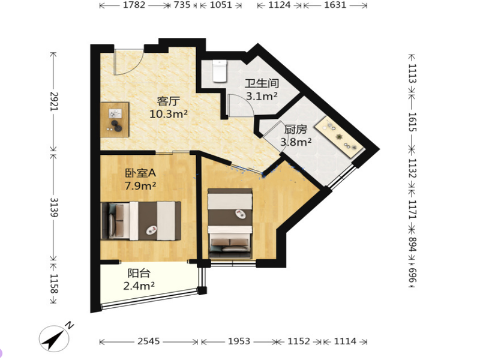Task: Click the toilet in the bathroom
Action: (x=220, y=71)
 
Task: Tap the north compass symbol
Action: (x=55, y=338)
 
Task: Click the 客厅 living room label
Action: (x=169, y=101)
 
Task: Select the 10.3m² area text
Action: (x=169, y=114)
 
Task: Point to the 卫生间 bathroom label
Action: (x=262, y=83)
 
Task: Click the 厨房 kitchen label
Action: (x=296, y=130)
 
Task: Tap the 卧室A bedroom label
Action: (x=140, y=173)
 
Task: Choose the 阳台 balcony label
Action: (x=139, y=273)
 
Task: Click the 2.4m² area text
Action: (x=139, y=286)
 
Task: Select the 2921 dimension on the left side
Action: (x=54, y=101)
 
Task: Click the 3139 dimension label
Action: (x=54, y=207)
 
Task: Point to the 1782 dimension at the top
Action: (x=134, y=5)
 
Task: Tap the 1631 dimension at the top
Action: (x=335, y=5)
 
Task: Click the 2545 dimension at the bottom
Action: (x=149, y=341)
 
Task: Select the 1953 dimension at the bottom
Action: (x=239, y=341)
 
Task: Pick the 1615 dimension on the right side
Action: (x=413, y=122)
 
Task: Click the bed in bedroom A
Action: (x=141, y=221)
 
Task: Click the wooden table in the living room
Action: (x=115, y=119)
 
